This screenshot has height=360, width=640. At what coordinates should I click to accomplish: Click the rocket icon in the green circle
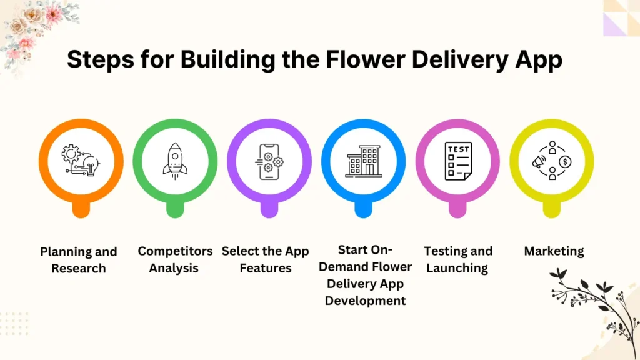click(175, 159)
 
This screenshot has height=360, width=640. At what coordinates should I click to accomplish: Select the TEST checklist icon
click(457, 161)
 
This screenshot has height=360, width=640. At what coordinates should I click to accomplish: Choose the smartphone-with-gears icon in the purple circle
click(269, 161)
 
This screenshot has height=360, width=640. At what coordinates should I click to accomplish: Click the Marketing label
click(554, 251)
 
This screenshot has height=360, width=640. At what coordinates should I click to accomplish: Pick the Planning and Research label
click(79, 260)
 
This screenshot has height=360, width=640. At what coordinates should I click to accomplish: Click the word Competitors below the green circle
click(175, 251)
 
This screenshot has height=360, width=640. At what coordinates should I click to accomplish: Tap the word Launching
click(458, 268)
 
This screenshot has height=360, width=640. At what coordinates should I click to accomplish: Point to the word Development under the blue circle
click(366, 301)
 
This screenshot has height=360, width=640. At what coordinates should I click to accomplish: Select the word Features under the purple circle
click(265, 268)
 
